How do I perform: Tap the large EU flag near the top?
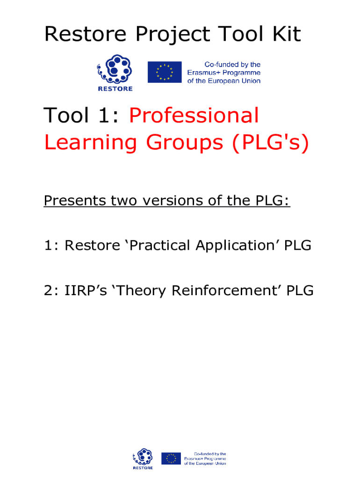tap(165, 72)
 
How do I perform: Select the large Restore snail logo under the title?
tap(115, 73)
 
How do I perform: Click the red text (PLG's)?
tap(271, 143)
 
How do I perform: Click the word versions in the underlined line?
tap(173, 201)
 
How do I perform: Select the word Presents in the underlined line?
tap(75, 201)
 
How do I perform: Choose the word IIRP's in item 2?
tap(86, 290)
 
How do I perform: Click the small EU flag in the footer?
tap(171, 458)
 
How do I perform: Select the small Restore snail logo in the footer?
tap(143, 458)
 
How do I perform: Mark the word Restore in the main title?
tap(86, 34)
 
